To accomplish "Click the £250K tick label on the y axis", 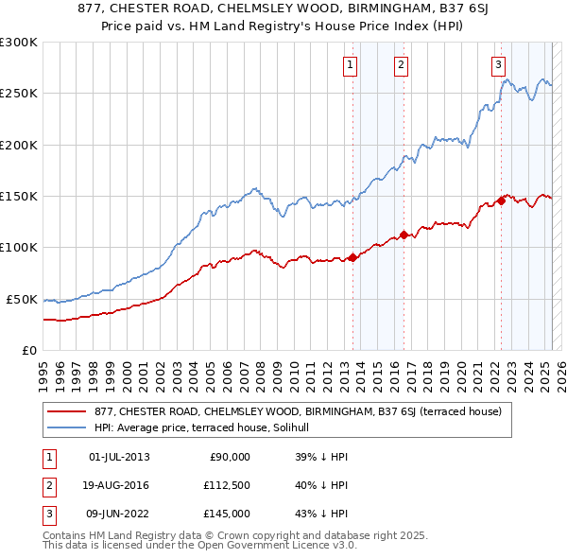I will coord(19,94).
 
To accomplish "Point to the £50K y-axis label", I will coord(22,299).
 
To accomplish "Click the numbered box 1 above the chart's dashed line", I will coord(351,64).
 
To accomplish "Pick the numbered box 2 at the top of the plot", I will coord(402,64).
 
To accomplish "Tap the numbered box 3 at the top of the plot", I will coord(498,64).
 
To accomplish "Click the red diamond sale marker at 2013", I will coord(352,257).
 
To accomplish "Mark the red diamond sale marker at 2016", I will coord(404,235).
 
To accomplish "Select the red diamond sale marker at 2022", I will coord(501,201).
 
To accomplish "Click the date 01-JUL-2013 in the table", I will coord(119,458).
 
